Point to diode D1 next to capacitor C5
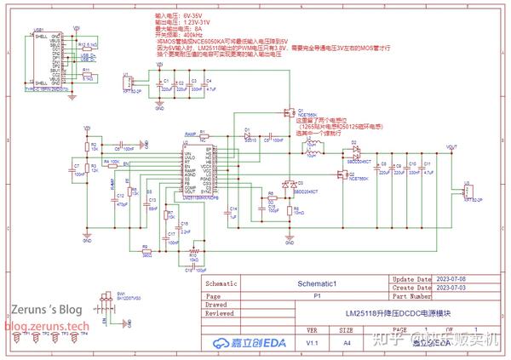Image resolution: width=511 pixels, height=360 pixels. click(x=248, y=134)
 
